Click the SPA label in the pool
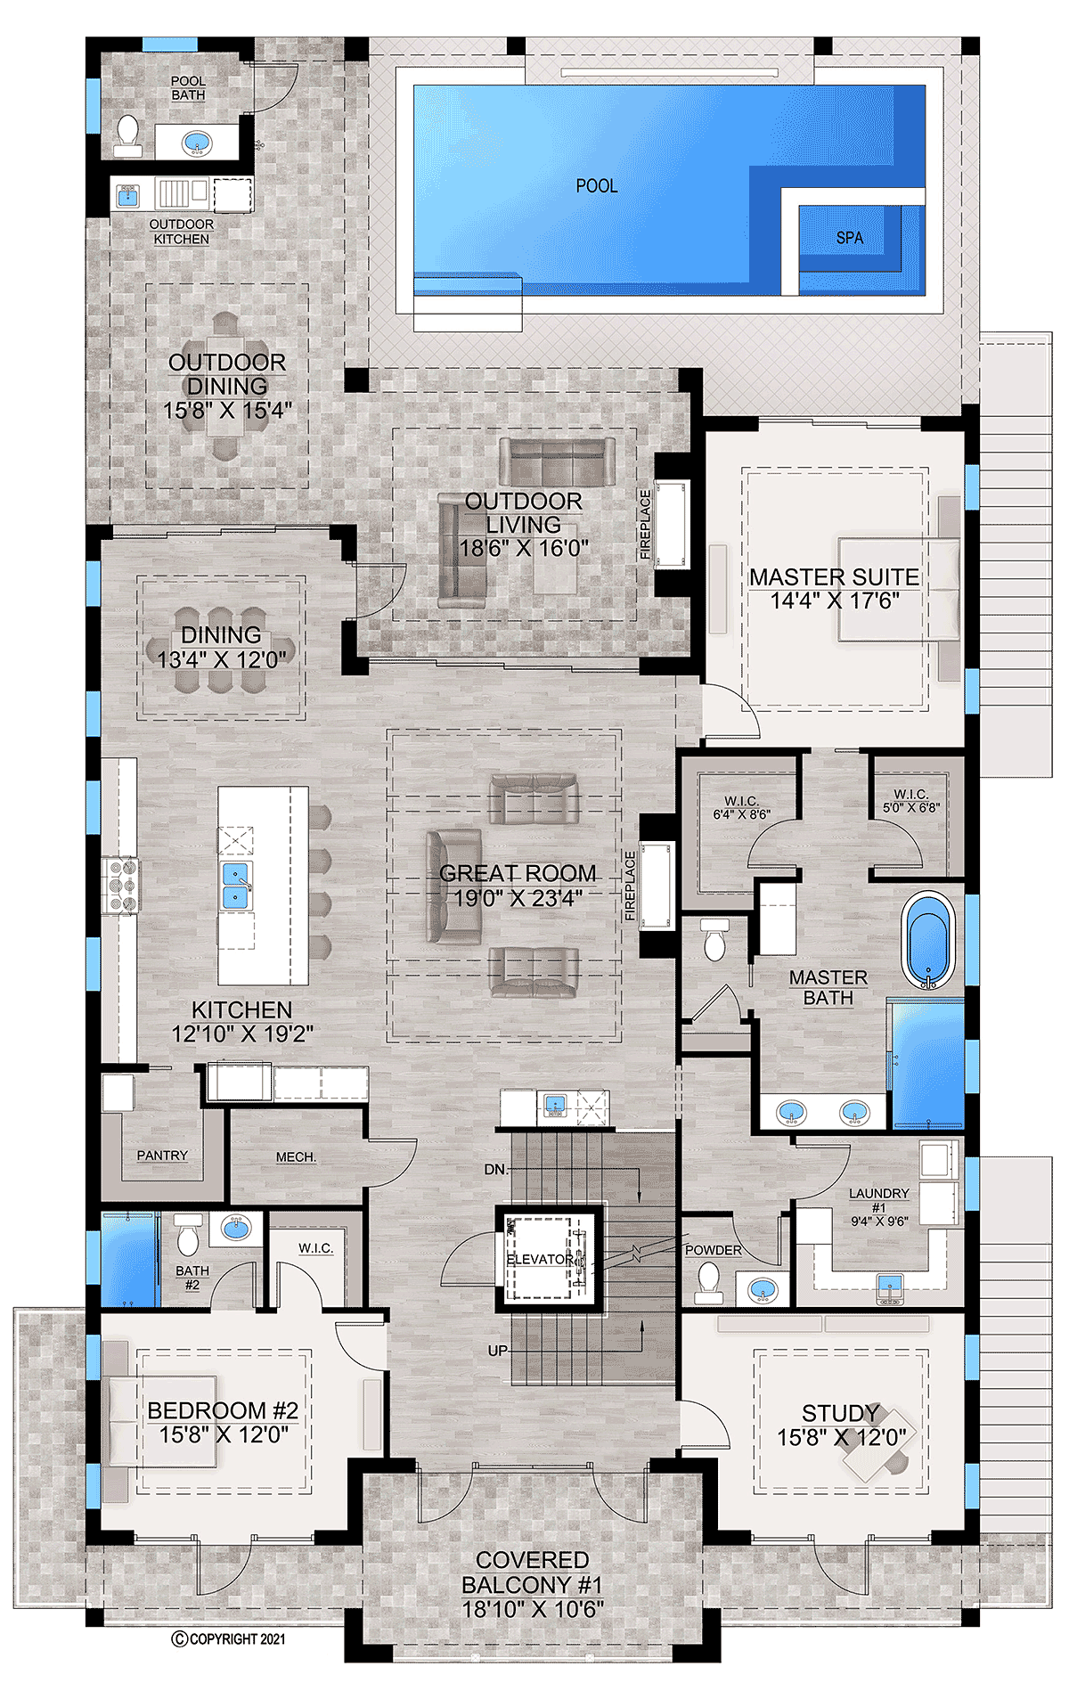[x=849, y=238]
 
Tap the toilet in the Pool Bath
[x=128, y=135]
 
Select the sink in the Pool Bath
[x=197, y=143]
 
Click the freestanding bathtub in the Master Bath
[x=928, y=940]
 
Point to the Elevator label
[x=541, y=1259]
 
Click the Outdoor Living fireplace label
[x=645, y=524]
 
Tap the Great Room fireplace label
[x=631, y=885]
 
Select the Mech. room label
[x=296, y=1157]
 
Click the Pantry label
[x=162, y=1156]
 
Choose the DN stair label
[x=495, y=1169]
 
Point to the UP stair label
[x=498, y=1351]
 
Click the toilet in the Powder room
[x=709, y=1284]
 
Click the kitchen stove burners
[x=120, y=885]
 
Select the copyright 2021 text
[x=228, y=1638]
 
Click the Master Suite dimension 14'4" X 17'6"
[x=835, y=601]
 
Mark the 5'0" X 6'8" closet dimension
[x=911, y=807]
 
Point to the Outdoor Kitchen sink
[x=128, y=195]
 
